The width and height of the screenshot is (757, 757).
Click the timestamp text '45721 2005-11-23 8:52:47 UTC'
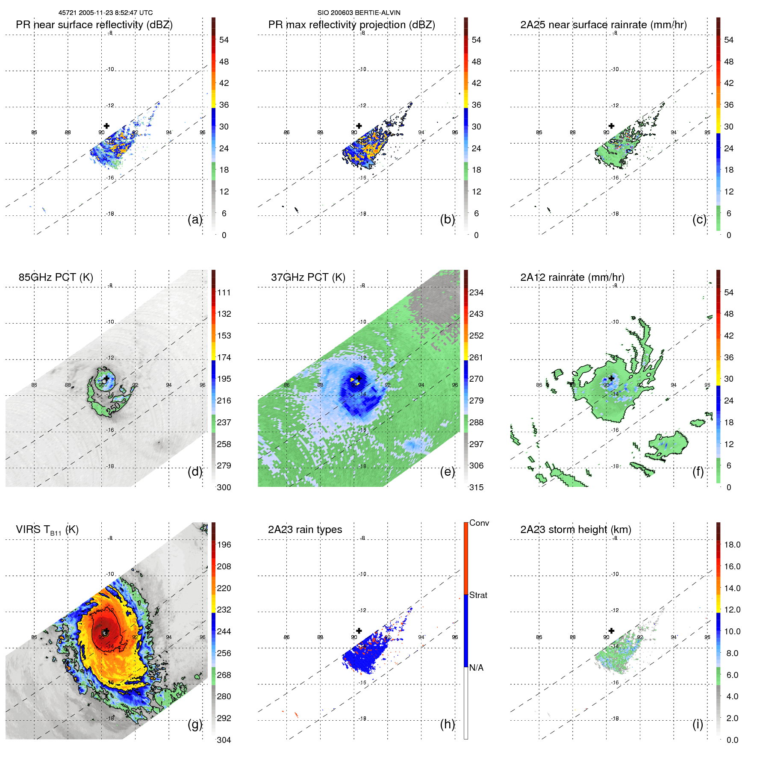pos(105,13)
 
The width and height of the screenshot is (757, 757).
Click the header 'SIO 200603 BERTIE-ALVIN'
pos(359,13)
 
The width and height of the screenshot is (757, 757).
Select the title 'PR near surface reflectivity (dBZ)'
pos(94,25)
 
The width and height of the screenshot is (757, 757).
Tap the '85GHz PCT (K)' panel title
pos(56,277)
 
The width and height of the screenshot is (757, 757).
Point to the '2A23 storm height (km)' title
pos(575,530)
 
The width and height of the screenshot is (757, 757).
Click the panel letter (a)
pos(194,220)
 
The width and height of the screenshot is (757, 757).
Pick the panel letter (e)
pos(447,472)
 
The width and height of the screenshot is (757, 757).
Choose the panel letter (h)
pos(447,724)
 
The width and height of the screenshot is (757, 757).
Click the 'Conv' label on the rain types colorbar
pos(479,523)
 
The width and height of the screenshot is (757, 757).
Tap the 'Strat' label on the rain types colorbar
pos(478,595)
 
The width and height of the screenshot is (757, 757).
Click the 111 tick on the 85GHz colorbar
pos(224,292)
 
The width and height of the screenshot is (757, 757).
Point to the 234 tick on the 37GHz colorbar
pos(476,292)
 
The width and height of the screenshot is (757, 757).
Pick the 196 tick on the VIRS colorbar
pos(224,545)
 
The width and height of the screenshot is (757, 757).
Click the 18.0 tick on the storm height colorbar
pos(732,545)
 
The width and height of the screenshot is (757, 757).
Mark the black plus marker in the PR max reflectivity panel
pos(359,126)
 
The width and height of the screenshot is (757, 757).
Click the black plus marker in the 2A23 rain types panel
pos(359,631)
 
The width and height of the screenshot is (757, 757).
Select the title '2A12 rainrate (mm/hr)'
pos(572,277)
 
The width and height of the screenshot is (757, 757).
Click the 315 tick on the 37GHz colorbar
pos(476,487)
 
